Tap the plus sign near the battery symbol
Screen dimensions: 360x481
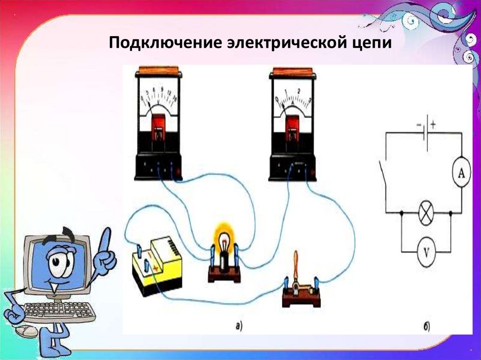point(433,125)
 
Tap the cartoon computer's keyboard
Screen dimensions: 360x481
point(58,311)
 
